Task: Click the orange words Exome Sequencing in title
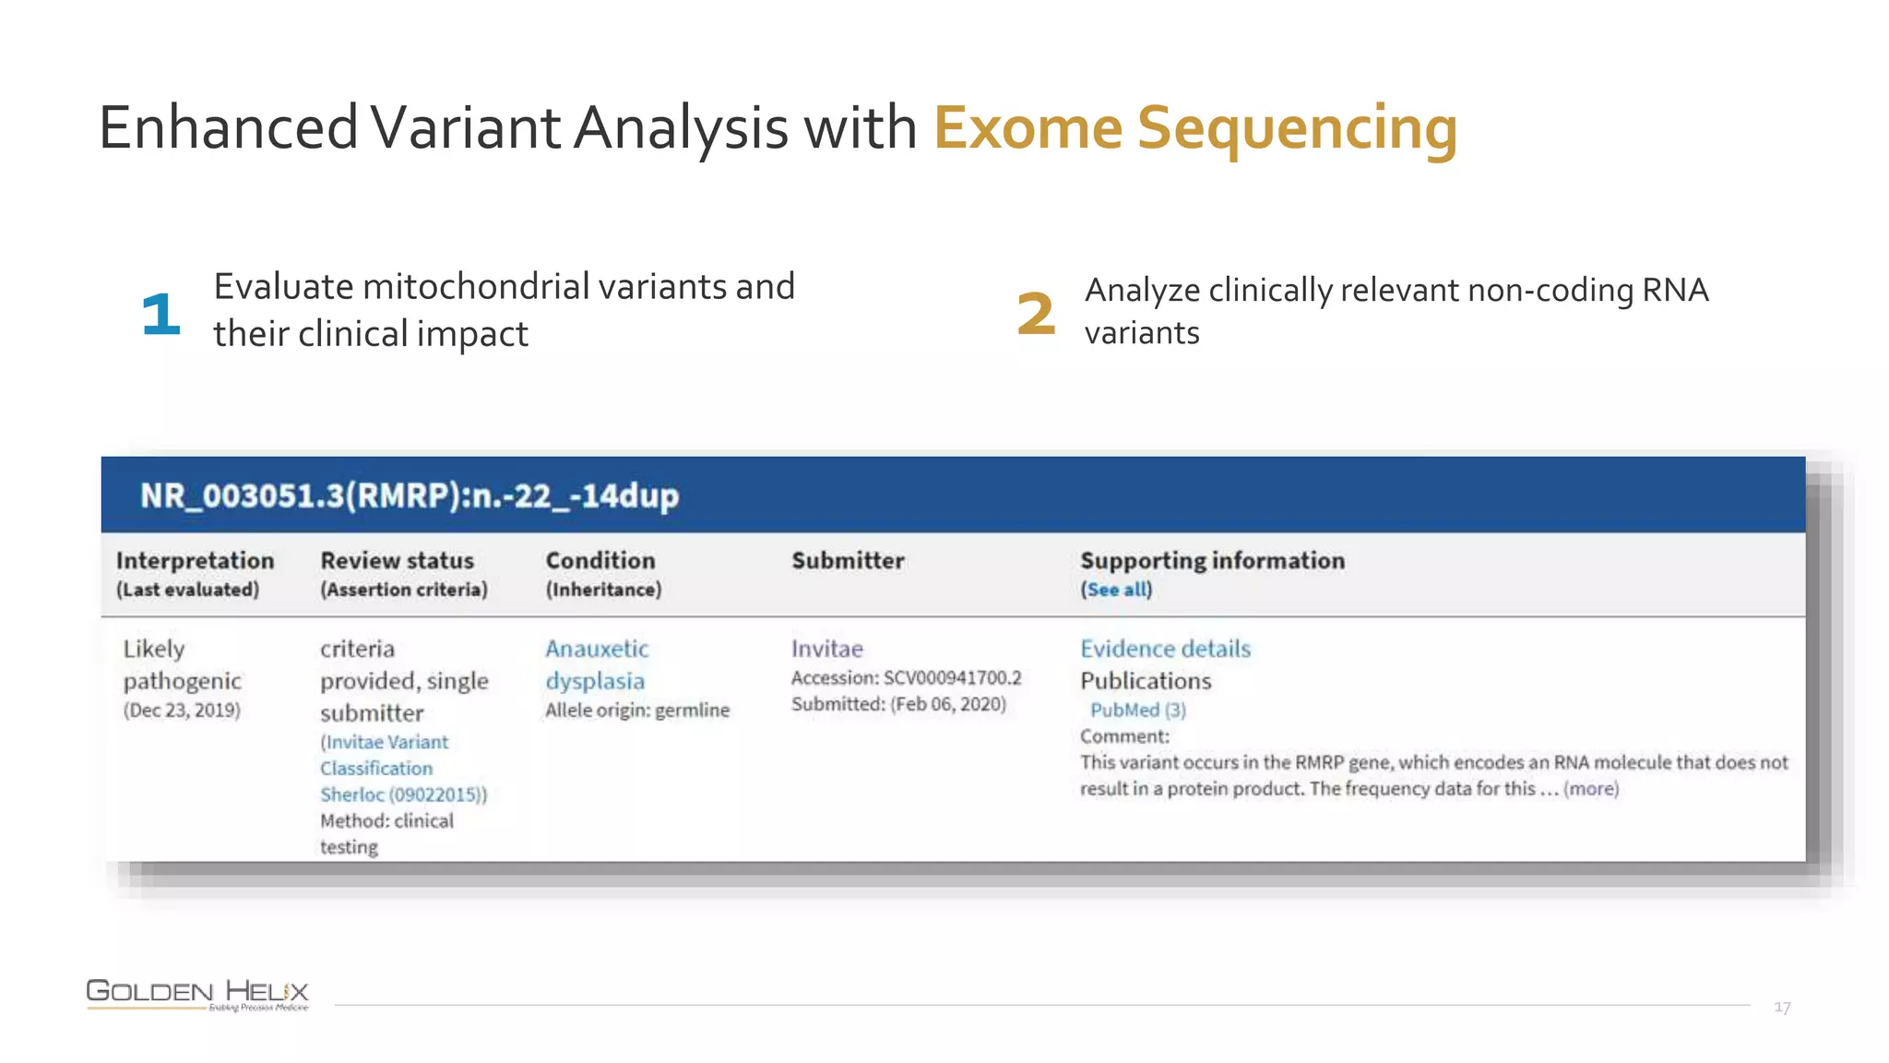tap(1194, 127)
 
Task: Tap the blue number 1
tap(160, 314)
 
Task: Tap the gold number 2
tap(1035, 314)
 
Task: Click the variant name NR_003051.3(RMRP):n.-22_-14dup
tap(410, 496)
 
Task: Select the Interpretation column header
tap(195, 561)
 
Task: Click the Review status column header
tap(397, 561)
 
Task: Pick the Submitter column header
tap(847, 561)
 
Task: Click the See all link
tap(1116, 590)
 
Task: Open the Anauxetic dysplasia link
tap(596, 664)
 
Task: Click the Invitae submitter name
tap(826, 649)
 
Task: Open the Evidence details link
tap(1165, 649)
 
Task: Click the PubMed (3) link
tap(1137, 710)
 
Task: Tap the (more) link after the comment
tap(1590, 789)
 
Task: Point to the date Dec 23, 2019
tap(182, 711)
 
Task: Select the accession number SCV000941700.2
tap(952, 678)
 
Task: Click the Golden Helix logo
tap(197, 994)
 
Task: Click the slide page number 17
tap(1781, 1008)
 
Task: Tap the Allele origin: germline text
tap(636, 711)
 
